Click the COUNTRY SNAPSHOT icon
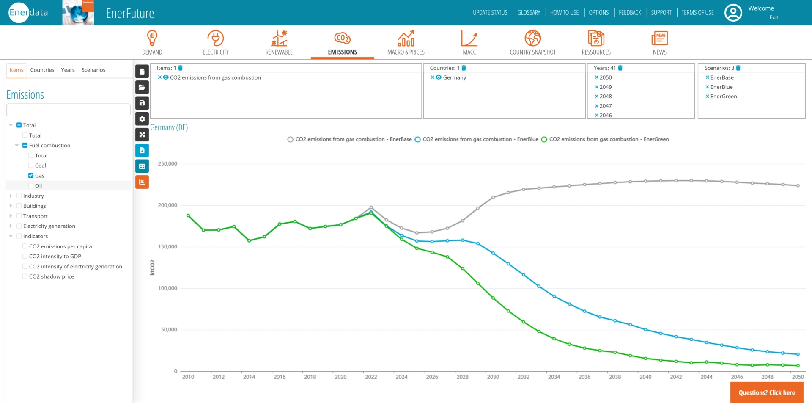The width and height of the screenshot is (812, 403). coord(532,39)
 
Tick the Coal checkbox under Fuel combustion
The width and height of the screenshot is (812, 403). coord(31,166)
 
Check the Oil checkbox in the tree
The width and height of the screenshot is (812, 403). coord(31,186)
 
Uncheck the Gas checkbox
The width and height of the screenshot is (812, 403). coord(31,176)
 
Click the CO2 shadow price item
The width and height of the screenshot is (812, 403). coord(52,276)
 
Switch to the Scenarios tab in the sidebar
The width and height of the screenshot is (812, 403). coord(93,70)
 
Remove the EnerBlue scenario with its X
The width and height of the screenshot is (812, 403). coord(707,87)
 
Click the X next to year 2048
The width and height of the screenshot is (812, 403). coord(596,97)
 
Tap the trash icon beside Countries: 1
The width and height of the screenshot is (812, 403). coord(464,68)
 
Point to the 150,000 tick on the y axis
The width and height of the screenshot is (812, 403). coord(167,247)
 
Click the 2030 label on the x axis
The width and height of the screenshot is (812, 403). coord(493,377)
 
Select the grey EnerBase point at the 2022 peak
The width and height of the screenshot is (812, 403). coord(371,207)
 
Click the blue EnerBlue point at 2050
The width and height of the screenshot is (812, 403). coord(798,354)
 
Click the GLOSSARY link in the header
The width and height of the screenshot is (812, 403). coord(529,13)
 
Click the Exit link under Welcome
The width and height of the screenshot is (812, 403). coord(774,17)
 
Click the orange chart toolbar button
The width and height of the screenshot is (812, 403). coord(142,182)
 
